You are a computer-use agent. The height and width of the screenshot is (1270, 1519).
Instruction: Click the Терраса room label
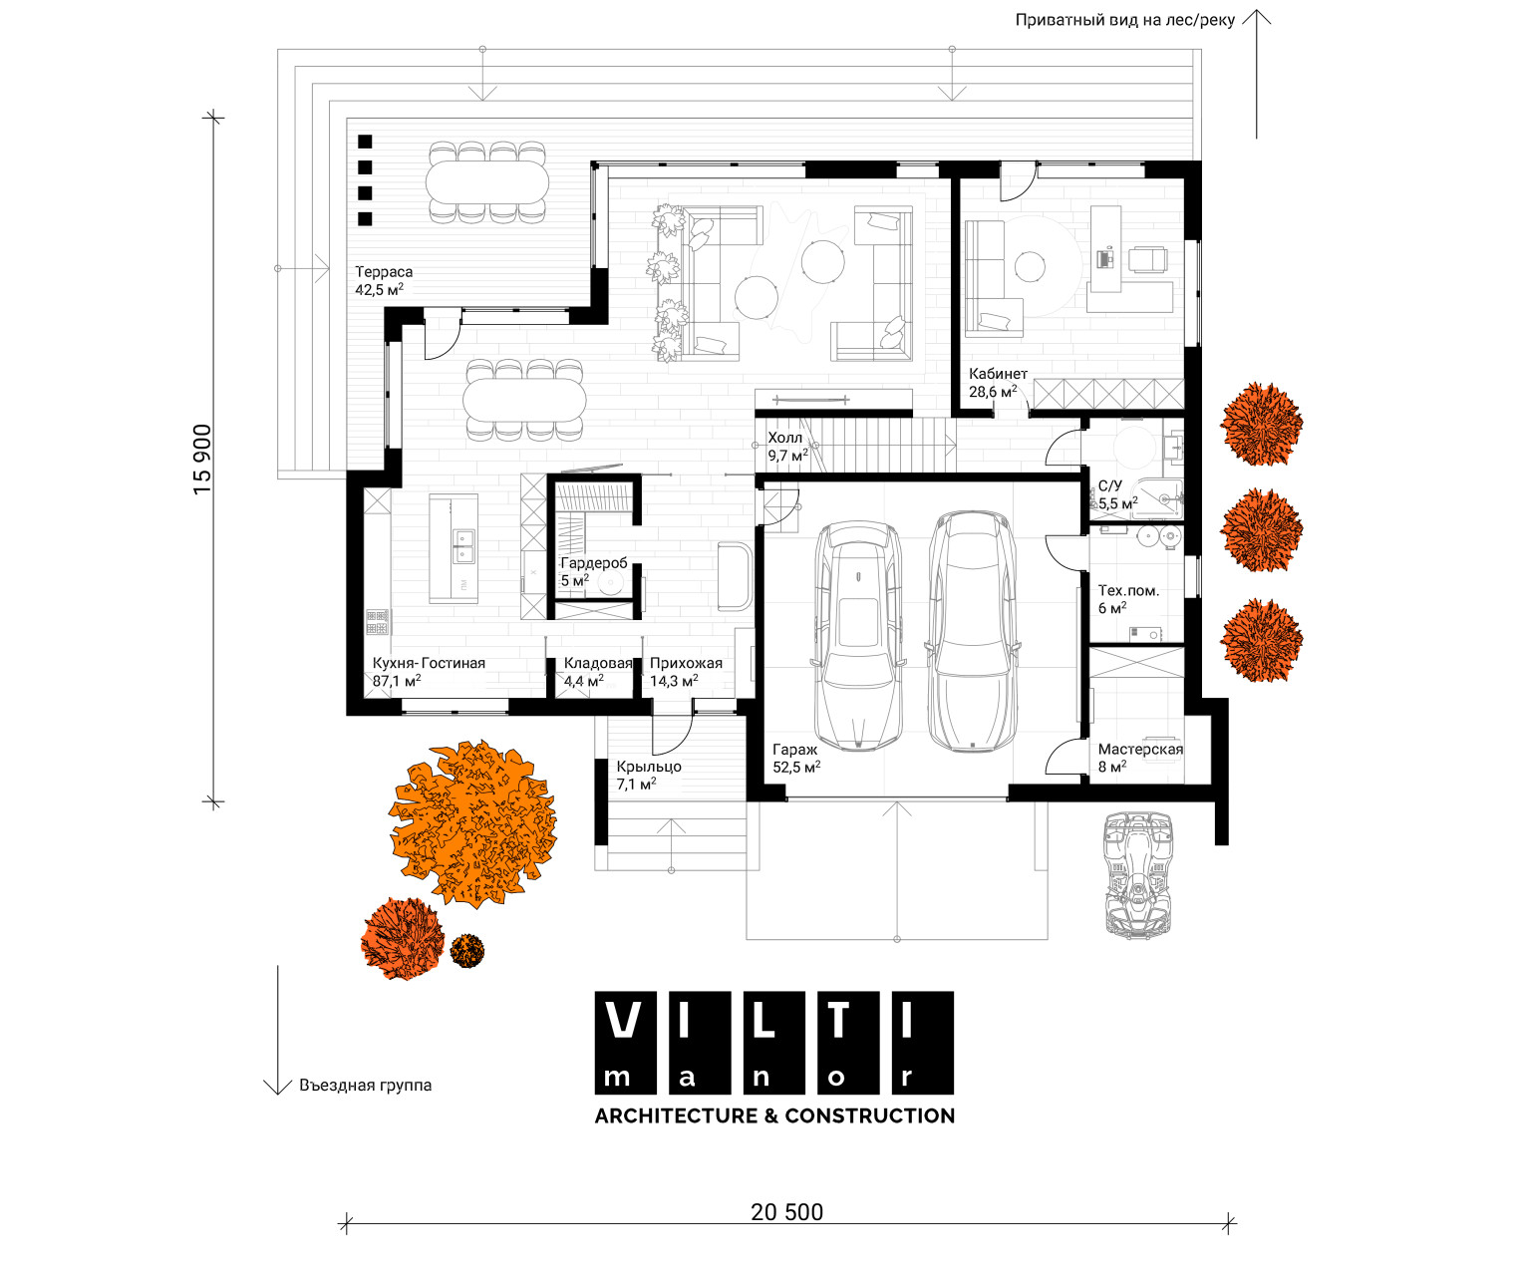[384, 272]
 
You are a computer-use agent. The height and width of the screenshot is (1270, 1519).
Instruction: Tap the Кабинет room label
[998, 374]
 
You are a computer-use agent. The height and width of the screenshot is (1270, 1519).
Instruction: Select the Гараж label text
[794, 750]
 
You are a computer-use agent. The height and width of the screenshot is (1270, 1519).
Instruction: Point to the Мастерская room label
[1140, 749]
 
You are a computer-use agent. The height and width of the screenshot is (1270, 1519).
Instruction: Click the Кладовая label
[598, 663]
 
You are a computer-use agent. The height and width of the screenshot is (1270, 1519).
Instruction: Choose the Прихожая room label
[686, 663]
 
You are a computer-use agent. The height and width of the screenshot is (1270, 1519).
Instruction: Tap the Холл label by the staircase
[785, 439]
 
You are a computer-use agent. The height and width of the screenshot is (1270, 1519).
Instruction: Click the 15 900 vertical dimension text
[202, 460]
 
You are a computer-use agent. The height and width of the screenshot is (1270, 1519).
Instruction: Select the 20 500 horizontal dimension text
[786, 1212]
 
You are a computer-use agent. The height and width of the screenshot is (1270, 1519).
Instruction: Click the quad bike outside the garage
[1138, 872]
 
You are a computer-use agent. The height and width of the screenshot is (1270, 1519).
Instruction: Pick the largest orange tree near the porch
[472, 823]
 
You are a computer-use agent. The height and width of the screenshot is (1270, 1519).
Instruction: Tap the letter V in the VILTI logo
[625, 1021]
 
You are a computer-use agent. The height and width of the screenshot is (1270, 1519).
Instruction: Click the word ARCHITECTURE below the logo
[676, 1115]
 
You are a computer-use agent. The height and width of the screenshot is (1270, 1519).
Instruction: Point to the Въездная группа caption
[365, 1086]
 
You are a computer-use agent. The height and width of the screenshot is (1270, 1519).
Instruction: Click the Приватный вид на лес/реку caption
[1124, 20]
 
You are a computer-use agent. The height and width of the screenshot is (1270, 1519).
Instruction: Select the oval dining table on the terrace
[486, 181]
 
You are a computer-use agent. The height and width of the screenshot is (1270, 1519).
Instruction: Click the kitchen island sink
[462, 546]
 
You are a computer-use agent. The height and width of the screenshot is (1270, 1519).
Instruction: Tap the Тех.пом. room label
[1128, 591]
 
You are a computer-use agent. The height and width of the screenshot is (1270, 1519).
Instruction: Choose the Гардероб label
[594, 562]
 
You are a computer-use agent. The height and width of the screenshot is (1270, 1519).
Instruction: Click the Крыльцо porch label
[649, 767]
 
